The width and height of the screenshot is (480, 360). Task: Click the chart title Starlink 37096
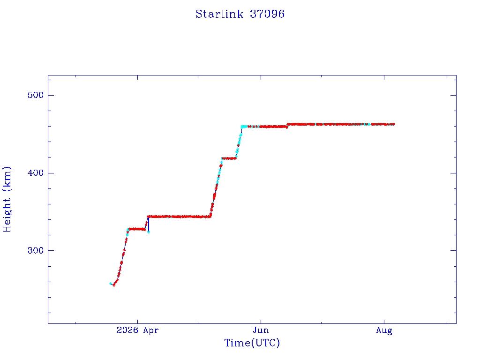pos(240,14)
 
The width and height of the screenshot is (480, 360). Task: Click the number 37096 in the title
pos(267,14)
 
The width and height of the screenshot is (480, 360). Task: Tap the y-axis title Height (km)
pos(7,199)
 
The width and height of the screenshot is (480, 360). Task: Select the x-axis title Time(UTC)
pos(252,343)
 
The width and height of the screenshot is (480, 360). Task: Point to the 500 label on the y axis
pos(36,95)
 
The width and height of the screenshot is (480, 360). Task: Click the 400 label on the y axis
pos(36,173)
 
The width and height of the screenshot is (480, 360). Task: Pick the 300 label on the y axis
pos(36,250)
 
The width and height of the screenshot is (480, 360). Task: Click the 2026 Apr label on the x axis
pos(137,330)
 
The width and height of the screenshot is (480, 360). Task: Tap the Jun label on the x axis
pos(261,330)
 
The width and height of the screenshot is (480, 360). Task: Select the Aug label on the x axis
pos(384,330)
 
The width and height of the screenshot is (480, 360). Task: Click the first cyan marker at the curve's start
pos(111,284)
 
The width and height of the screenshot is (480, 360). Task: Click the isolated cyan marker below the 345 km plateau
pos(149,232)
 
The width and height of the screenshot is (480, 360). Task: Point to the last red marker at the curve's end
pos(393,124)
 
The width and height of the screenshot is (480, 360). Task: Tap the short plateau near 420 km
pos(229,158)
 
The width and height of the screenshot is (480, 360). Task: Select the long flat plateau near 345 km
pos(180,217)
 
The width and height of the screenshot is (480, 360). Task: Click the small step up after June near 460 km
pos(287,126)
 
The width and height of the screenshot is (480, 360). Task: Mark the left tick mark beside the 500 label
pos(51,95)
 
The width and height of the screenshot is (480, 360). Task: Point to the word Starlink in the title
pos(219,14)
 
